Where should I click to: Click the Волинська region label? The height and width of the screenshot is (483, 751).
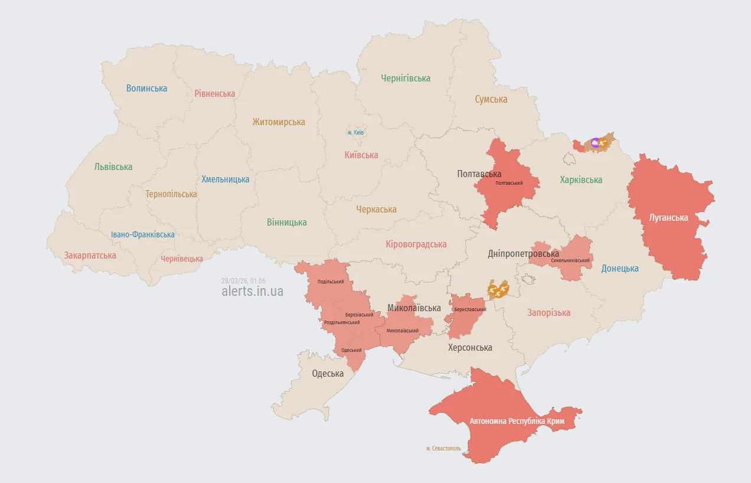(x=146, y=89)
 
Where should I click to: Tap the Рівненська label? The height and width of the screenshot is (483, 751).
(x=215, y=93)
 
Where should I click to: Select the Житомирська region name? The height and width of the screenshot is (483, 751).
(x=279, y=122)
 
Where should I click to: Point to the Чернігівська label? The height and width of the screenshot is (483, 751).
(x=406, y=78)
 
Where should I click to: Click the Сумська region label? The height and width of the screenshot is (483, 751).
(x=491, y=99)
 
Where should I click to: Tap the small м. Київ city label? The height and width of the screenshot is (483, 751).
(x=355, y=132)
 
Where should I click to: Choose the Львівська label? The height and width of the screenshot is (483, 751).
(x=113, y=167)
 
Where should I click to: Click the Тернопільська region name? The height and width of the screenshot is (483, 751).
(x=171, y=194)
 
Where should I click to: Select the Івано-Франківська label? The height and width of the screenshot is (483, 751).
(x=143, y=234)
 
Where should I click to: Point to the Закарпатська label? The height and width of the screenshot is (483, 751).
(x=90, y=256)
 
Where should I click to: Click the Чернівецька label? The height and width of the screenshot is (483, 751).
(x=182, y=259)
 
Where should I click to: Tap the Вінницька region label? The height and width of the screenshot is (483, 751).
(x=287, y=223)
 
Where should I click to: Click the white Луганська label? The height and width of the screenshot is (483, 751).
(x=668, y=217)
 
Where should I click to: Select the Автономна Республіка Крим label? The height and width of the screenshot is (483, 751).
(x=517, y=422)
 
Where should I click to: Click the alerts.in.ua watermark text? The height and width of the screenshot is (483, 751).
(x=252, y=291)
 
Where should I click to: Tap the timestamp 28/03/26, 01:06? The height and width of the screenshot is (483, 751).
(x=243, y=280)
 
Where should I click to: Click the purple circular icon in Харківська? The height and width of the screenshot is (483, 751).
(x=595, y=142)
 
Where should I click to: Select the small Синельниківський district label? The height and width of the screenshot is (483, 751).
(x=570, y=260)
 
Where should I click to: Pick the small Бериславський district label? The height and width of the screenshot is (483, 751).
(x=470, y=309)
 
